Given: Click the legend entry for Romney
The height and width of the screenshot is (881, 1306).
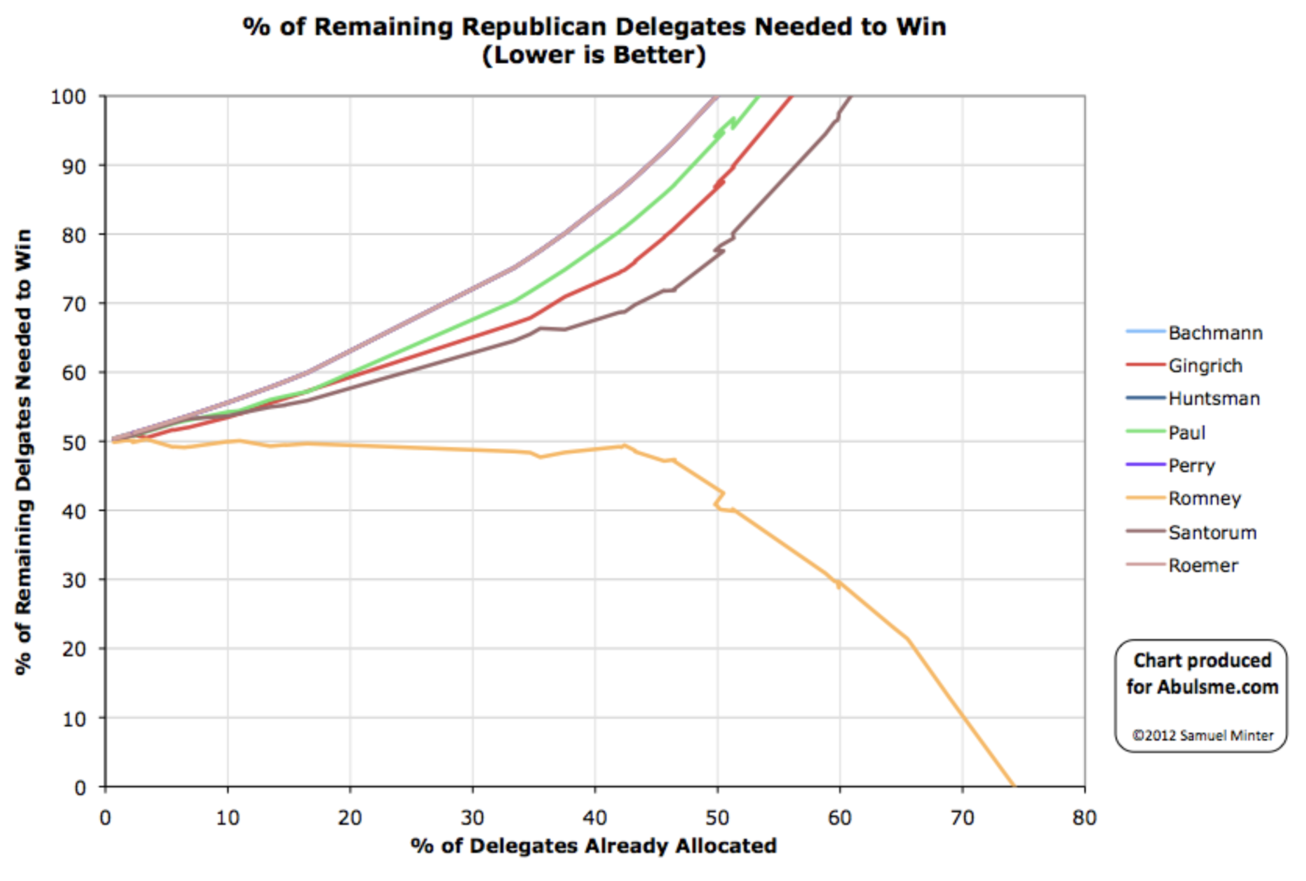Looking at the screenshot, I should [x=1204, y=499].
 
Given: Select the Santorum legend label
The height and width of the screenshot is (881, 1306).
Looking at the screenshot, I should [x=1212, y=532].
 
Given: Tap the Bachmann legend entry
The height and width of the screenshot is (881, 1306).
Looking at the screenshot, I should [x=1215, y=333].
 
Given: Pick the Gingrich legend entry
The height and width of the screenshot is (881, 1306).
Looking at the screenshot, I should [x=1205, y=366].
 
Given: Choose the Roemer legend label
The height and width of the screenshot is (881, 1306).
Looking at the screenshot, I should [x=1203, y=565].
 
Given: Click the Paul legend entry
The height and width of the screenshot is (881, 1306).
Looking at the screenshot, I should [x=1186, y=433].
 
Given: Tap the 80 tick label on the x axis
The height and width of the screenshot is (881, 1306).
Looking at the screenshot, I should [x=1084, y=818].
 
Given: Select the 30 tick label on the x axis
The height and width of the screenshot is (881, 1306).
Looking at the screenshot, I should [x=472, y=818].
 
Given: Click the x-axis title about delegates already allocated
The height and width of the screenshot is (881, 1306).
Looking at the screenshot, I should [x=594, y=846].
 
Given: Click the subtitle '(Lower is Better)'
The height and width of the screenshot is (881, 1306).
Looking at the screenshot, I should [x=594, y=55].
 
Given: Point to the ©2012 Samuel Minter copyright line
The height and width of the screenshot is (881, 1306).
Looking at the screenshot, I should [x=1202, y=736].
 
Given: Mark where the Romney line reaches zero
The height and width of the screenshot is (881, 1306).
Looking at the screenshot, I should [x=1013, y=785].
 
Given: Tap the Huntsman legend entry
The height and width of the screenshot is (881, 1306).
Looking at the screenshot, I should [x=1214, y=399].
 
